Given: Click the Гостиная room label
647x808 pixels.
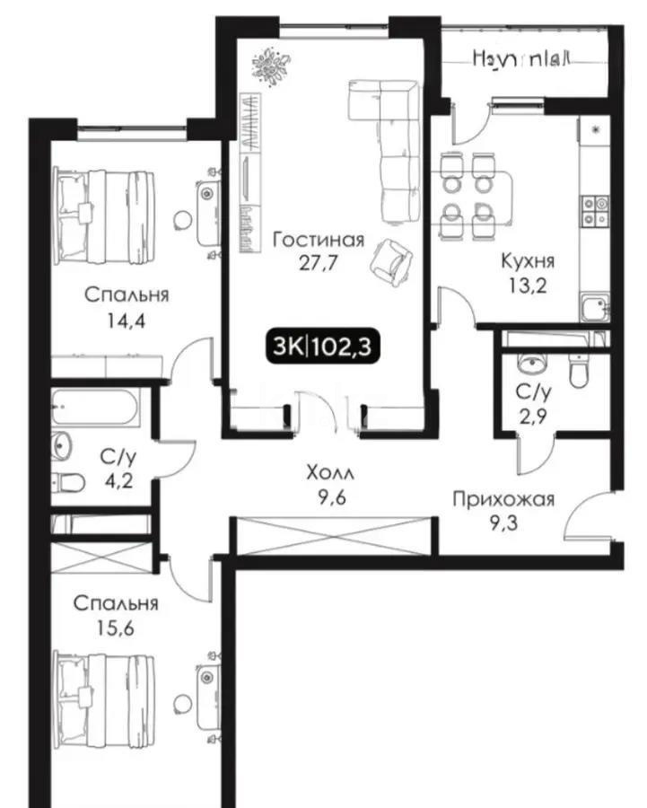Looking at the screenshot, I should point(319,240).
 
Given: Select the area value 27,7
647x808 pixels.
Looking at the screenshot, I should point(319,263).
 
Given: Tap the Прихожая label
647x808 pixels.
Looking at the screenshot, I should point(503,499).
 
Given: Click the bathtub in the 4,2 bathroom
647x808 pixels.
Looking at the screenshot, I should point(94,409).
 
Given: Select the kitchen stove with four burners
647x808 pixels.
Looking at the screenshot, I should point(592,211).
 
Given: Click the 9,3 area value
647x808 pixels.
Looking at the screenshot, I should point(503,523).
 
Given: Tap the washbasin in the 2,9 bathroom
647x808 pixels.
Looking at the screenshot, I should point(530,365).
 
